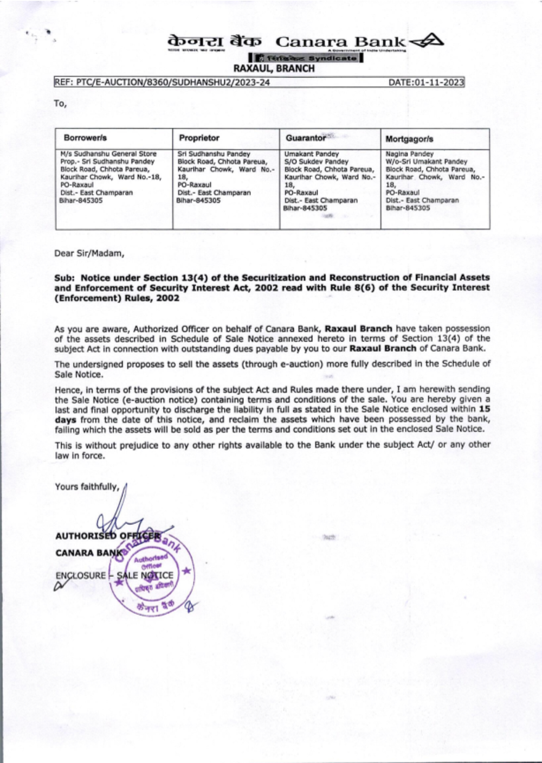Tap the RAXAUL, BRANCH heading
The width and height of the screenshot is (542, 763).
(274, 69)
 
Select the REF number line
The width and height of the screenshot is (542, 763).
(162, 82)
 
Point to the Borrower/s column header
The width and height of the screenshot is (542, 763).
(86, 138)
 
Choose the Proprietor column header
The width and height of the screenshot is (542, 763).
(199, 138)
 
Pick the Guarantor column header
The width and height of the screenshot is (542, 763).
(306, 138)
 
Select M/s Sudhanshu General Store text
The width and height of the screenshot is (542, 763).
(108, 154)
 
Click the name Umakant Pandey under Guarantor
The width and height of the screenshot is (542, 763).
(312, 154)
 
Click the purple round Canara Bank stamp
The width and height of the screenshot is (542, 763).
(154, 572)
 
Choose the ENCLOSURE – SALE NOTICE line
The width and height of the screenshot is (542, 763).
(114, 575)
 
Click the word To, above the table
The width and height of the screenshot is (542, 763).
(60, 104)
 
